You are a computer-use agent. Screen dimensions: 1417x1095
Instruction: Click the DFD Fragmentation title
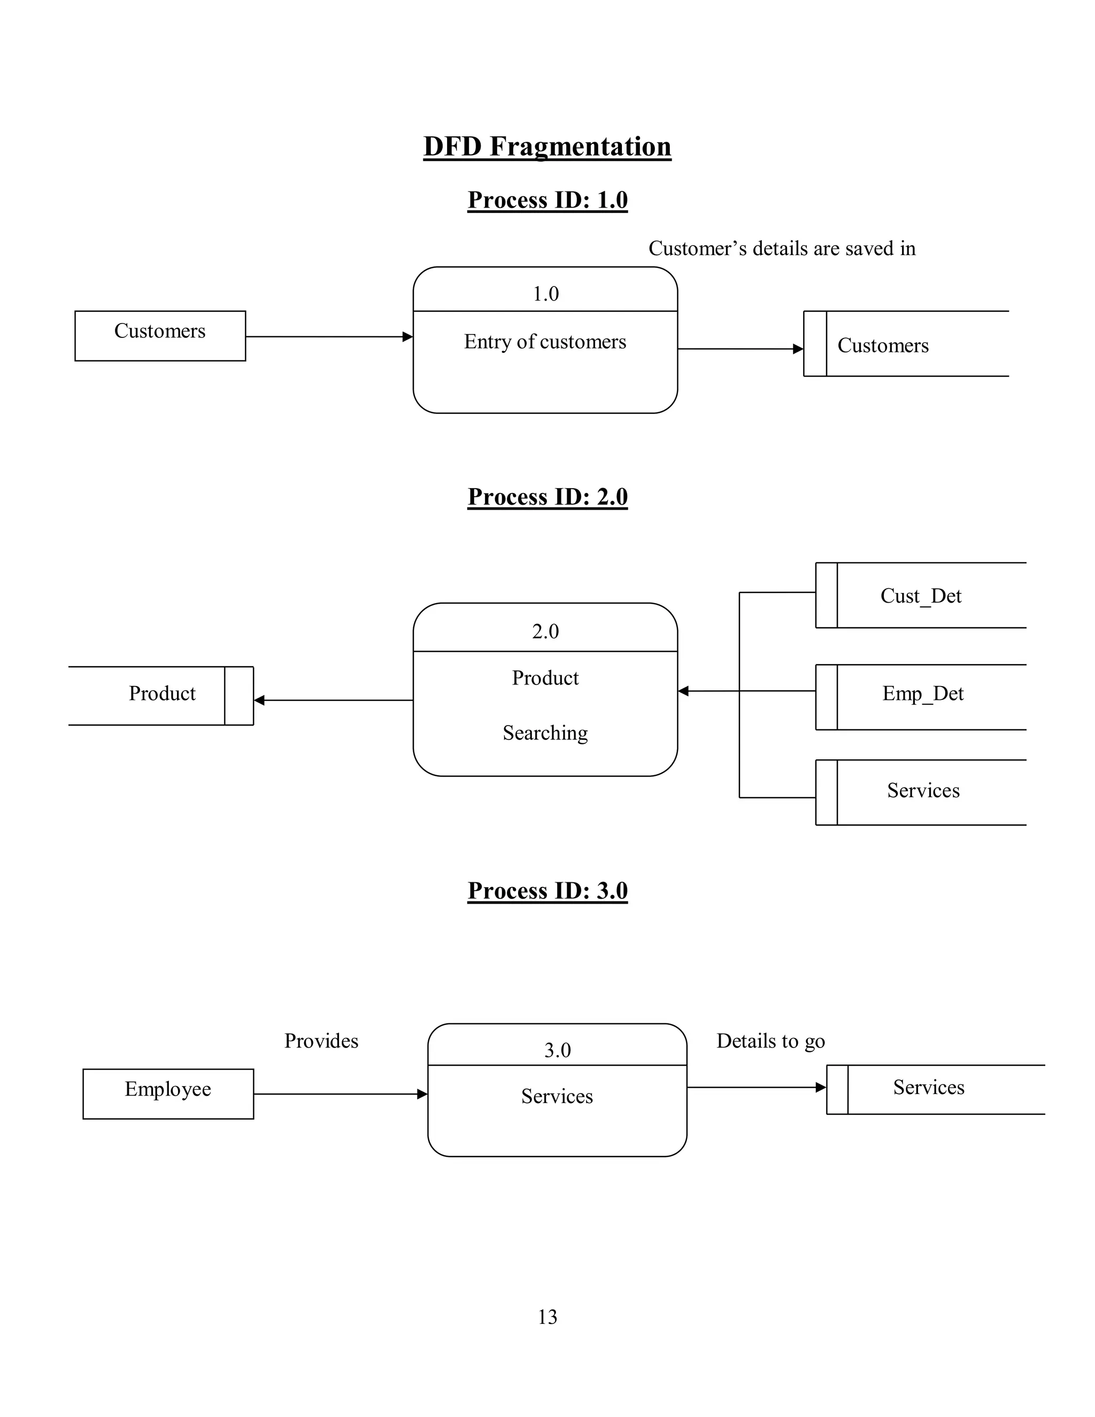point(547,147)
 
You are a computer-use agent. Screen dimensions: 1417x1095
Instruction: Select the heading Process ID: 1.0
point(547,200)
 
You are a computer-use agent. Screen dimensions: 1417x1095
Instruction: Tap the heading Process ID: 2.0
point(547,497)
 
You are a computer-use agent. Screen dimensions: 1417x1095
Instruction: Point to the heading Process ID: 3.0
point(547,891)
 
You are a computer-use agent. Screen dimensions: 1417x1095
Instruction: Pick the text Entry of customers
point(545,342)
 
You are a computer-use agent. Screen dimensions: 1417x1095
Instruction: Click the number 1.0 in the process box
point(545,294)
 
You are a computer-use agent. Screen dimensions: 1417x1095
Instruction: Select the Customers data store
point(905,344)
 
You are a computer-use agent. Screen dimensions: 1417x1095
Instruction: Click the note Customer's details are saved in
point(782,249)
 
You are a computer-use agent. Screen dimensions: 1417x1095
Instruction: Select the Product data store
point(161,694)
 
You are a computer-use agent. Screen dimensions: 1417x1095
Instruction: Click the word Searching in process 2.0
point(545,733)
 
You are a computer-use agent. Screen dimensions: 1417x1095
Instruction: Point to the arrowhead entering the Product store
point(259,700)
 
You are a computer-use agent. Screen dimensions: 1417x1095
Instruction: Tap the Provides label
point(321,1041)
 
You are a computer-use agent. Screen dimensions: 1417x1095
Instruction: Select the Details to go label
point(770,1041)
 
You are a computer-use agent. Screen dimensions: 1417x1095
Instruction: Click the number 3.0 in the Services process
point(557,1050)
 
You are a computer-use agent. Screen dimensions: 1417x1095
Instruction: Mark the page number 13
point(547,1317)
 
